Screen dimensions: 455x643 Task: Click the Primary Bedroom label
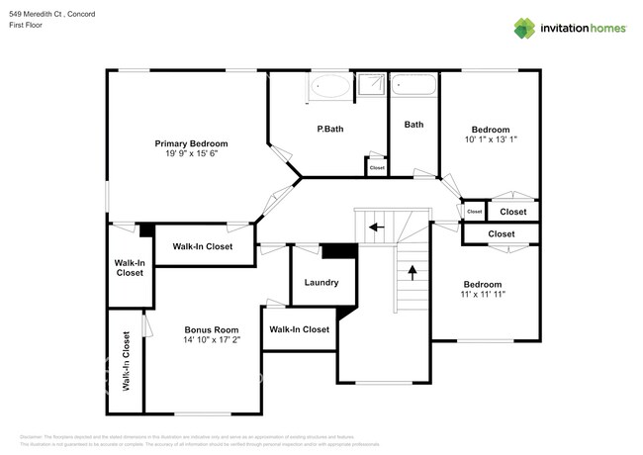pos(191,143)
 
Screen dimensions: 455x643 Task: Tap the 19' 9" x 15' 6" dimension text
pos(191,154)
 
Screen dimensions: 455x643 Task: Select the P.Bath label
pos(329,130)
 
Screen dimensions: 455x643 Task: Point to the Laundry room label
pos(321,283)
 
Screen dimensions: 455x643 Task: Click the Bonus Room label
pos(212,329)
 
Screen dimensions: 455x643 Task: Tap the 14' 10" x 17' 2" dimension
pos(212,340)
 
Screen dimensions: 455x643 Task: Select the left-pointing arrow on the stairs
pos(376,227)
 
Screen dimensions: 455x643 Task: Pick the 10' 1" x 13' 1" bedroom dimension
pos(490,140)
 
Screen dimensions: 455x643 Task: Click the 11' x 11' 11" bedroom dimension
pos(484,294)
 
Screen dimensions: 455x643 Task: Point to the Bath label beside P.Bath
pos(413,125)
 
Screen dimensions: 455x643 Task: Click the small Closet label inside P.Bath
pos(377,168)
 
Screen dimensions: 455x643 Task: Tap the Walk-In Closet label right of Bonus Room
pos(299,329)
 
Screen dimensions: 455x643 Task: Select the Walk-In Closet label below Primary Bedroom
pos(203,246)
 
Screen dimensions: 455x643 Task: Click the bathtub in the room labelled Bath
pos(413,87)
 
